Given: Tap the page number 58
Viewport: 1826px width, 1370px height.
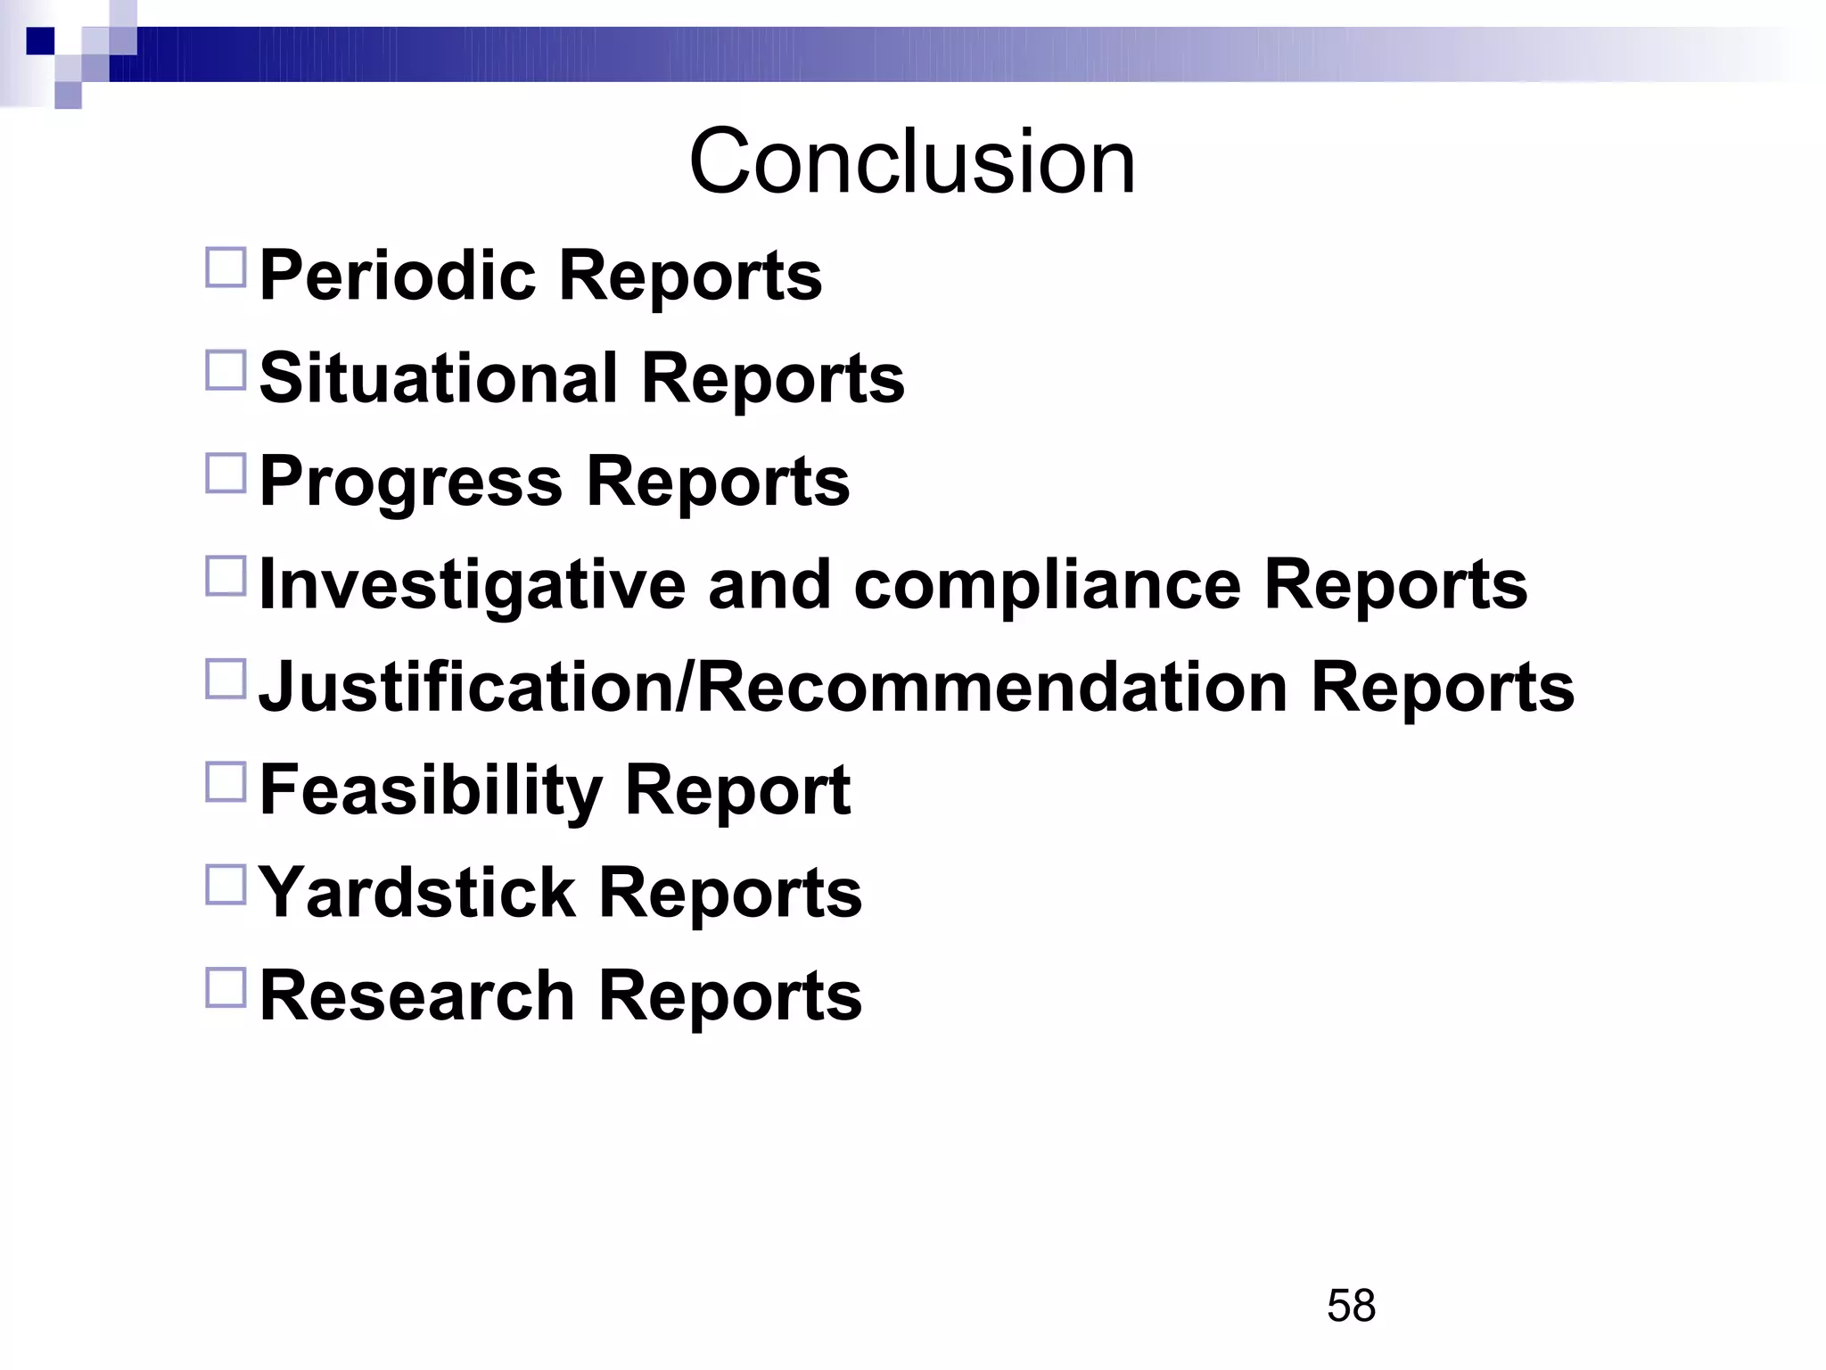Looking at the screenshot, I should pyautogui.click(x=1351, y=1306).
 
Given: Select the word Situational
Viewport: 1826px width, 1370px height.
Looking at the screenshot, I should pyautogui.click(x=438, y=378).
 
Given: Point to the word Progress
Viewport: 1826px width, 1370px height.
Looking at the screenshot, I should pyautogui.click(x=411, y=483).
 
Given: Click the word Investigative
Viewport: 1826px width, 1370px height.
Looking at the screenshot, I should pyautogui.click(x=472, y=585).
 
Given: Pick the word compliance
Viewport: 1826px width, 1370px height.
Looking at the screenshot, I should pyautogui.click(x=1047, y=585).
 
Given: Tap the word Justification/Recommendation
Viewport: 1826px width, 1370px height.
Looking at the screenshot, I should pyautogui.click(x=773, y=688).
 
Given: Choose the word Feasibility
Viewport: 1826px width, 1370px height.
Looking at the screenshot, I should pyautogui.click(x=431, y=791).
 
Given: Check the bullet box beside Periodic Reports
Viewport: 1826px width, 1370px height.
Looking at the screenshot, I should pyautogui.click(x=226, y=268).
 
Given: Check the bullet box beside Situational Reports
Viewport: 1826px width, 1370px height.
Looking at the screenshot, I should pyautogui.click(x=226, y=370).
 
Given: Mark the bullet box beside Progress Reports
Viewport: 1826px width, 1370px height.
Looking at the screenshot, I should pyautogui.click(x=226, y=474).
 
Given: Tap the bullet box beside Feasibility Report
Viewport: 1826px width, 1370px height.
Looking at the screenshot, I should pyautogui.click(x=226, y=782).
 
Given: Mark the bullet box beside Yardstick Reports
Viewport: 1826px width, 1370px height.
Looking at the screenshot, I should pyautogui.click(x=226, y=885).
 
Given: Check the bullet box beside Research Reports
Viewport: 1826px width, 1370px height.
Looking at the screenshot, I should pyautogui.click(x=226, y=988).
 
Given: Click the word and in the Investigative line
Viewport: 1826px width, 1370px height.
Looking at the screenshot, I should pyautogui.click(x=769, y=585).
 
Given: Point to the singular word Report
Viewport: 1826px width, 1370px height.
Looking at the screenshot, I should pyautogui.click(x=737, y=791).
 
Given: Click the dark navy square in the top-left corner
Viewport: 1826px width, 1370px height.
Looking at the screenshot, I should pyautogui.click(x=40, y=41).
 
